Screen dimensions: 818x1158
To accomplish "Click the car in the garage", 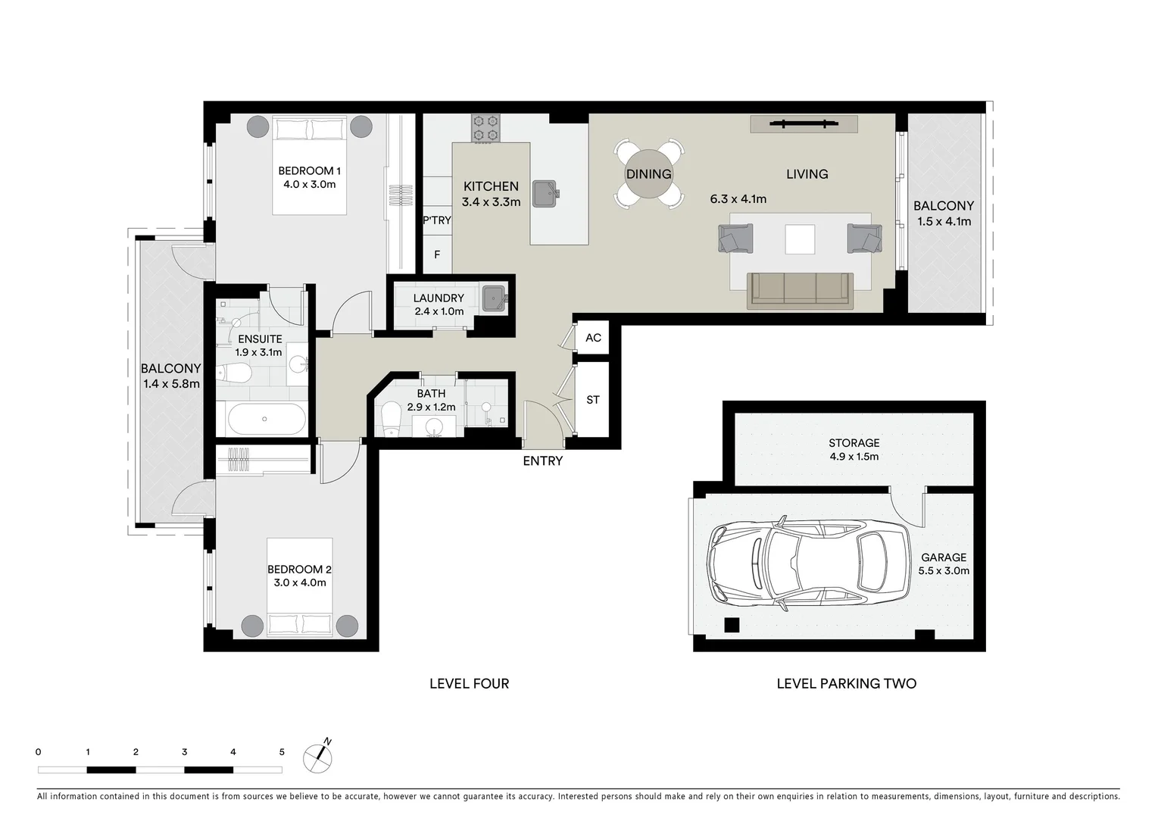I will (809, 564).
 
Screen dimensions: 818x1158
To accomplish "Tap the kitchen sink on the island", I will (545, 193).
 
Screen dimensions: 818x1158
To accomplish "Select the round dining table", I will (648, 173).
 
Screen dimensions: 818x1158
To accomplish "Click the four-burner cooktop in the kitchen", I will (485, 128).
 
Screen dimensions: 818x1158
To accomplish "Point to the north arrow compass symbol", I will (318, 757).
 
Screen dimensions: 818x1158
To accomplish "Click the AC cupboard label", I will (593, 338).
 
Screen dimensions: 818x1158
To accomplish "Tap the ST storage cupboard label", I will (593, 399).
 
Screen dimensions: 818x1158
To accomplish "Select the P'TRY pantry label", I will (437, 220).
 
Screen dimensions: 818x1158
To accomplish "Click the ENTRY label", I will (542, 461).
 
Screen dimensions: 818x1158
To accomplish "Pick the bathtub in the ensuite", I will (264, 419).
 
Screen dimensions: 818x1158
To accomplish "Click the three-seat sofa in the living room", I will (800, 291).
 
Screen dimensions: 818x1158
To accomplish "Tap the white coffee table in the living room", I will (800, 239).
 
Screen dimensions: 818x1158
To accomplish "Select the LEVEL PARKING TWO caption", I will (846, 684).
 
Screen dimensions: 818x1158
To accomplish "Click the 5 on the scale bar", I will (282, 752).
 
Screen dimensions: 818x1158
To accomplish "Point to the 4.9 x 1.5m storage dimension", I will (854, 457).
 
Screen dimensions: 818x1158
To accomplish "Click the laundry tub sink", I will (495, 298).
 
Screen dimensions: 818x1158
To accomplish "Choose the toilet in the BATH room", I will (391, 419).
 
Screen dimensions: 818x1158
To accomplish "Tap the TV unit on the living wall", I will (804, 123).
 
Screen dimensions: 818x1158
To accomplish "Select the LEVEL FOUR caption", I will (469, 684).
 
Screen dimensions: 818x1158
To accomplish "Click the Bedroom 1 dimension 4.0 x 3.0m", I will (309, 184).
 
